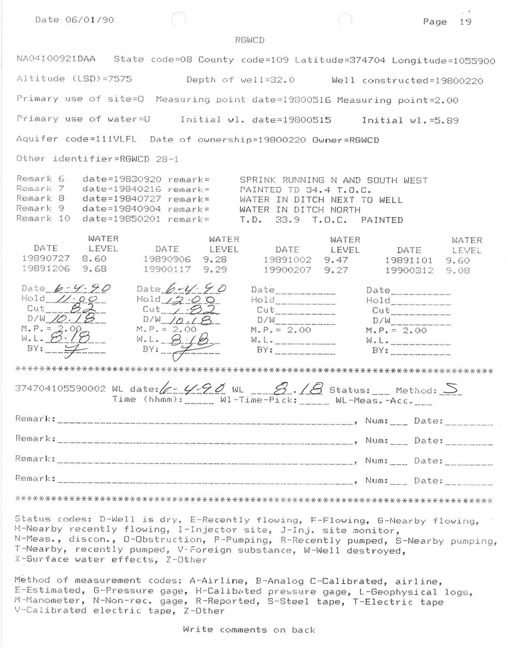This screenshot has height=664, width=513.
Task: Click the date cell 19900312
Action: pyautogui.click(x=409, y=271)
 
